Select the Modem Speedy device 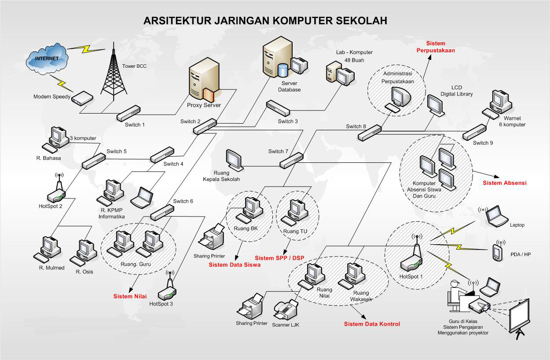coord(82,98)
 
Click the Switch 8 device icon coord(370,132)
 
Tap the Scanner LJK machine coord(285,311)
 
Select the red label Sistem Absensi coord(504,183)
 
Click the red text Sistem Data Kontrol coord(372,324)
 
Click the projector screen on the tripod coord(519,317)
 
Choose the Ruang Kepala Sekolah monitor coord(234,160)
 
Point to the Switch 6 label coord(183,201)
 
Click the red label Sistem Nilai coord(130,296)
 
